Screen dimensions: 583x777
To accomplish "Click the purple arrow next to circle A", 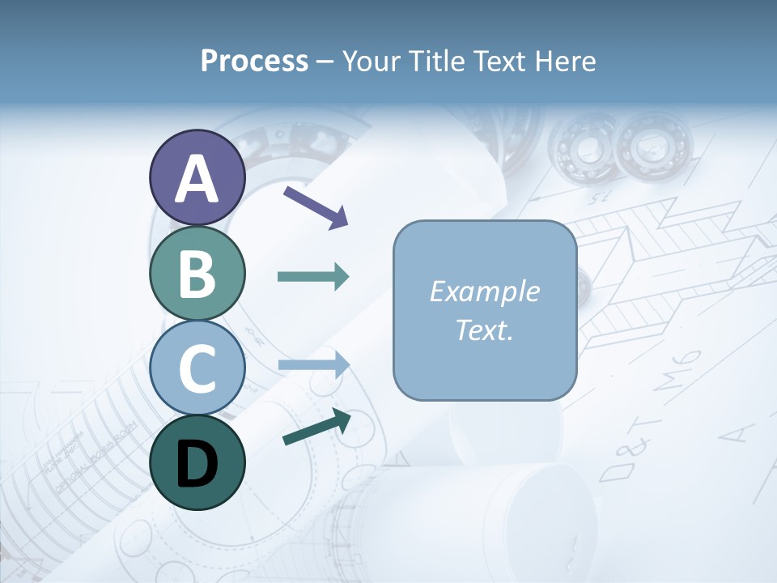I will (x=316, y=206).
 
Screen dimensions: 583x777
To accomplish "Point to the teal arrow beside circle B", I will (x=313, y=277).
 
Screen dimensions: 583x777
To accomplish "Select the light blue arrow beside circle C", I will (x=313, y=365).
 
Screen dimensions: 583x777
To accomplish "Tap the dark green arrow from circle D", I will (x=316, y=428).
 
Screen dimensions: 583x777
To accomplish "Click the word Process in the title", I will (x=254, y=61).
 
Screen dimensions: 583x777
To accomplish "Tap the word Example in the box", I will (x=484, y=291).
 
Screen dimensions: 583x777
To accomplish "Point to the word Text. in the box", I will (x=484, y=330).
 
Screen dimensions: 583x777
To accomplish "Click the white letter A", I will (x=197, y=179).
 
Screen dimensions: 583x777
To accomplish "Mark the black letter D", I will (x=197, y=464).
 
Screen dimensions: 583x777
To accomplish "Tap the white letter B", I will (x=197, y=274).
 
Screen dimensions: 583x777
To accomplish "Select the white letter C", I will (x=197, y=369).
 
